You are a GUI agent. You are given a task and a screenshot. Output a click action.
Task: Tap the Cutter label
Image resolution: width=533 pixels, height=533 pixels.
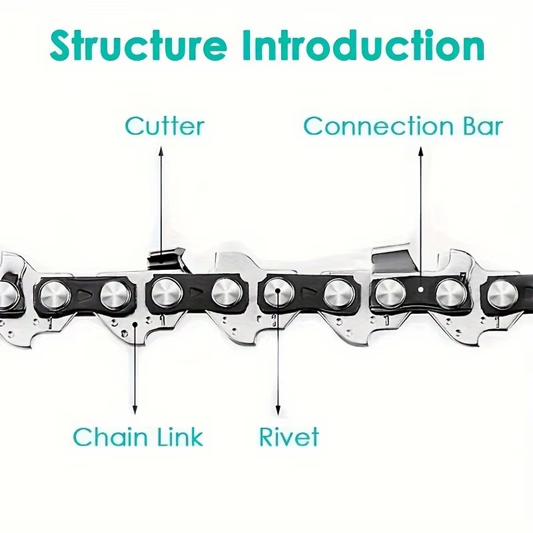pyautogui.click(x=165, y=126)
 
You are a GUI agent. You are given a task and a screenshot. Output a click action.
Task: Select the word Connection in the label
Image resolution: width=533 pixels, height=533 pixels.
pyautogui.click(x=378, y=126)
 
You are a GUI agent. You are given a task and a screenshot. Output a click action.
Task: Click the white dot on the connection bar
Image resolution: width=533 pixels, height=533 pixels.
pyautogui.click(x=421, y=290)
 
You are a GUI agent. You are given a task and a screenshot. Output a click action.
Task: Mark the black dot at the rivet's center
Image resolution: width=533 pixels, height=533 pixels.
pyautogui.click(x=278, y=291)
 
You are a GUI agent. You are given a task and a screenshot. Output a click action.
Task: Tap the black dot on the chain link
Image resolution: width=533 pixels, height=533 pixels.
pyautogui.click(x=135, y=324)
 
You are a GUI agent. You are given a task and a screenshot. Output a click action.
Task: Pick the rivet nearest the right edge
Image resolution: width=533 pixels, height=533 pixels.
pyautogui.click(x=502, y=294)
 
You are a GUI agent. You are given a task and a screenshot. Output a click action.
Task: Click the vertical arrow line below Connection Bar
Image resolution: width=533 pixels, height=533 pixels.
pyautogui.click(x=421, y=217)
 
